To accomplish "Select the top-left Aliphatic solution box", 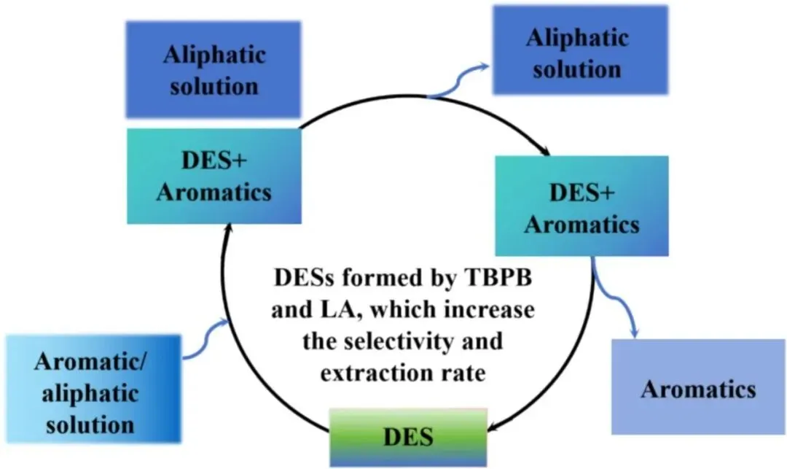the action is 213,69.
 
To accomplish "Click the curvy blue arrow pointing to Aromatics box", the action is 616,299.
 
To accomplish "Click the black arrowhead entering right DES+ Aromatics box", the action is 545,151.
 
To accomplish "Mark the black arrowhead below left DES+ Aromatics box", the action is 229,228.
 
